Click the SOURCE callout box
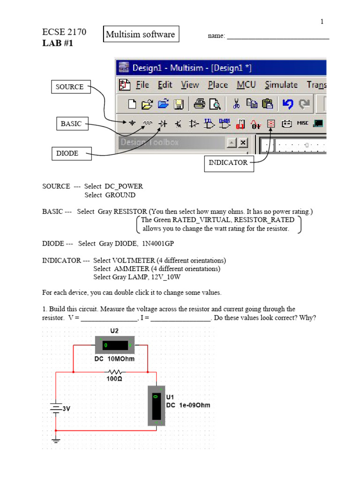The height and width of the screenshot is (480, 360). tap(70, 87)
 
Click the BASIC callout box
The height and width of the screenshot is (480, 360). tap(71, 124)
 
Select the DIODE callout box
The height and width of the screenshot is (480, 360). tap(71, 153)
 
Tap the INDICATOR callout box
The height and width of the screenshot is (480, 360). tap(229, 163)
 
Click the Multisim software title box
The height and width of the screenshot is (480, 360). tap(141, 34)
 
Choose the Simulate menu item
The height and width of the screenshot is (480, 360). tap(281, 85)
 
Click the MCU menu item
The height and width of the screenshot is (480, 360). tap(246, 85)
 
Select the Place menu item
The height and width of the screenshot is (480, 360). tap(218, 85)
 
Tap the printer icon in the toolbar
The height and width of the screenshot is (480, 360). tap(200, 104)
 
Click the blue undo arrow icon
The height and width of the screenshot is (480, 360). tap(287, 104)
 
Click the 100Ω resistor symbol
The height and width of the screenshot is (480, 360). tap(115, 372)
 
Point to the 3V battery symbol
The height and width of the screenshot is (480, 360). tap(56, 408)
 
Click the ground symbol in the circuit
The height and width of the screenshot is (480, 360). tap(56, 440)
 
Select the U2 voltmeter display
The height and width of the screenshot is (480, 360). tap(115, 346)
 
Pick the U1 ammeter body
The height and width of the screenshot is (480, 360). tap(156, 405)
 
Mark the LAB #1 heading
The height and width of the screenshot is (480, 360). tap(58, 44)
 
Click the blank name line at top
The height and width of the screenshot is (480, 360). tap(278, 37)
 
